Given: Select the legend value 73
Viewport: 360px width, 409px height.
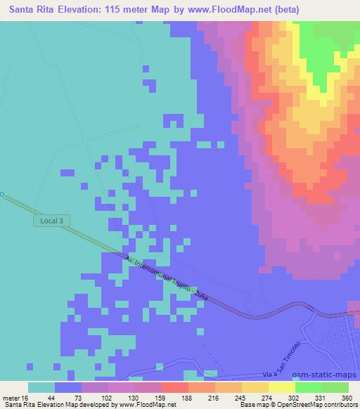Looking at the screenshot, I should (x=67, y=397).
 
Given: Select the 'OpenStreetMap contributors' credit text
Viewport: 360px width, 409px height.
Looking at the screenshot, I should (x=310, y=405).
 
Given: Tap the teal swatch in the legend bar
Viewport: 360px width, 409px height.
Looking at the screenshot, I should (x=41, y=387).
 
